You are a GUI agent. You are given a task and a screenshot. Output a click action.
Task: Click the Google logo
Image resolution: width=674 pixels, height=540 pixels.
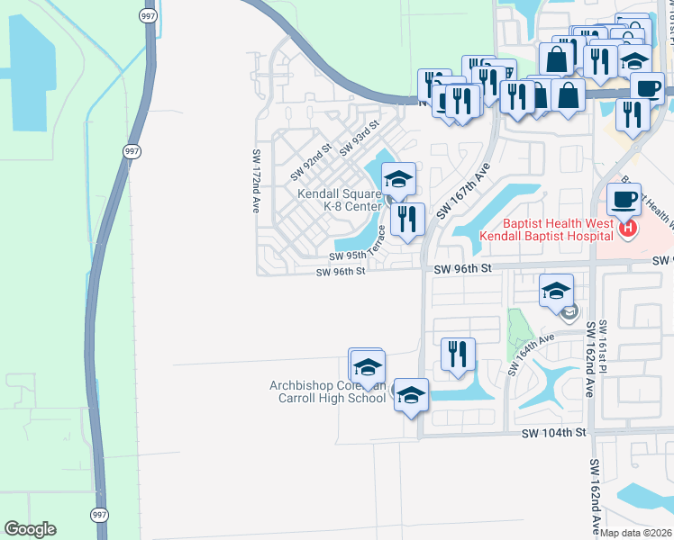30,529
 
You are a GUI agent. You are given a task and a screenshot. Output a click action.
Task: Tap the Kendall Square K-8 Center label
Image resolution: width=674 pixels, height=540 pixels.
341,200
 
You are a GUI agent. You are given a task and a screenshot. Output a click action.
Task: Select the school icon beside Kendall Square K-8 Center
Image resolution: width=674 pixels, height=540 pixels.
398,179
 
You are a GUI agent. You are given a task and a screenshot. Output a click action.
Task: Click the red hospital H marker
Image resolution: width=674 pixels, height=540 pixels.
628,229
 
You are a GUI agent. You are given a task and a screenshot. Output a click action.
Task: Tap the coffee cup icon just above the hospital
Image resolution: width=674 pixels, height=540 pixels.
623,199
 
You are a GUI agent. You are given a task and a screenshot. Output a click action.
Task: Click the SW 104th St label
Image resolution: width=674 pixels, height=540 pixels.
553,433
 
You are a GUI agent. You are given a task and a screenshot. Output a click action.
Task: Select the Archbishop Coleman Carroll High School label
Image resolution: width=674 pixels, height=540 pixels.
328,391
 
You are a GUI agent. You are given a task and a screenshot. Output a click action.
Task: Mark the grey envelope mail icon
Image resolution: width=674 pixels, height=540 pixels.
569,313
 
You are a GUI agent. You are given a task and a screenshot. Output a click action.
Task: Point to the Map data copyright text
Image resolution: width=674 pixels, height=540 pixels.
636,533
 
